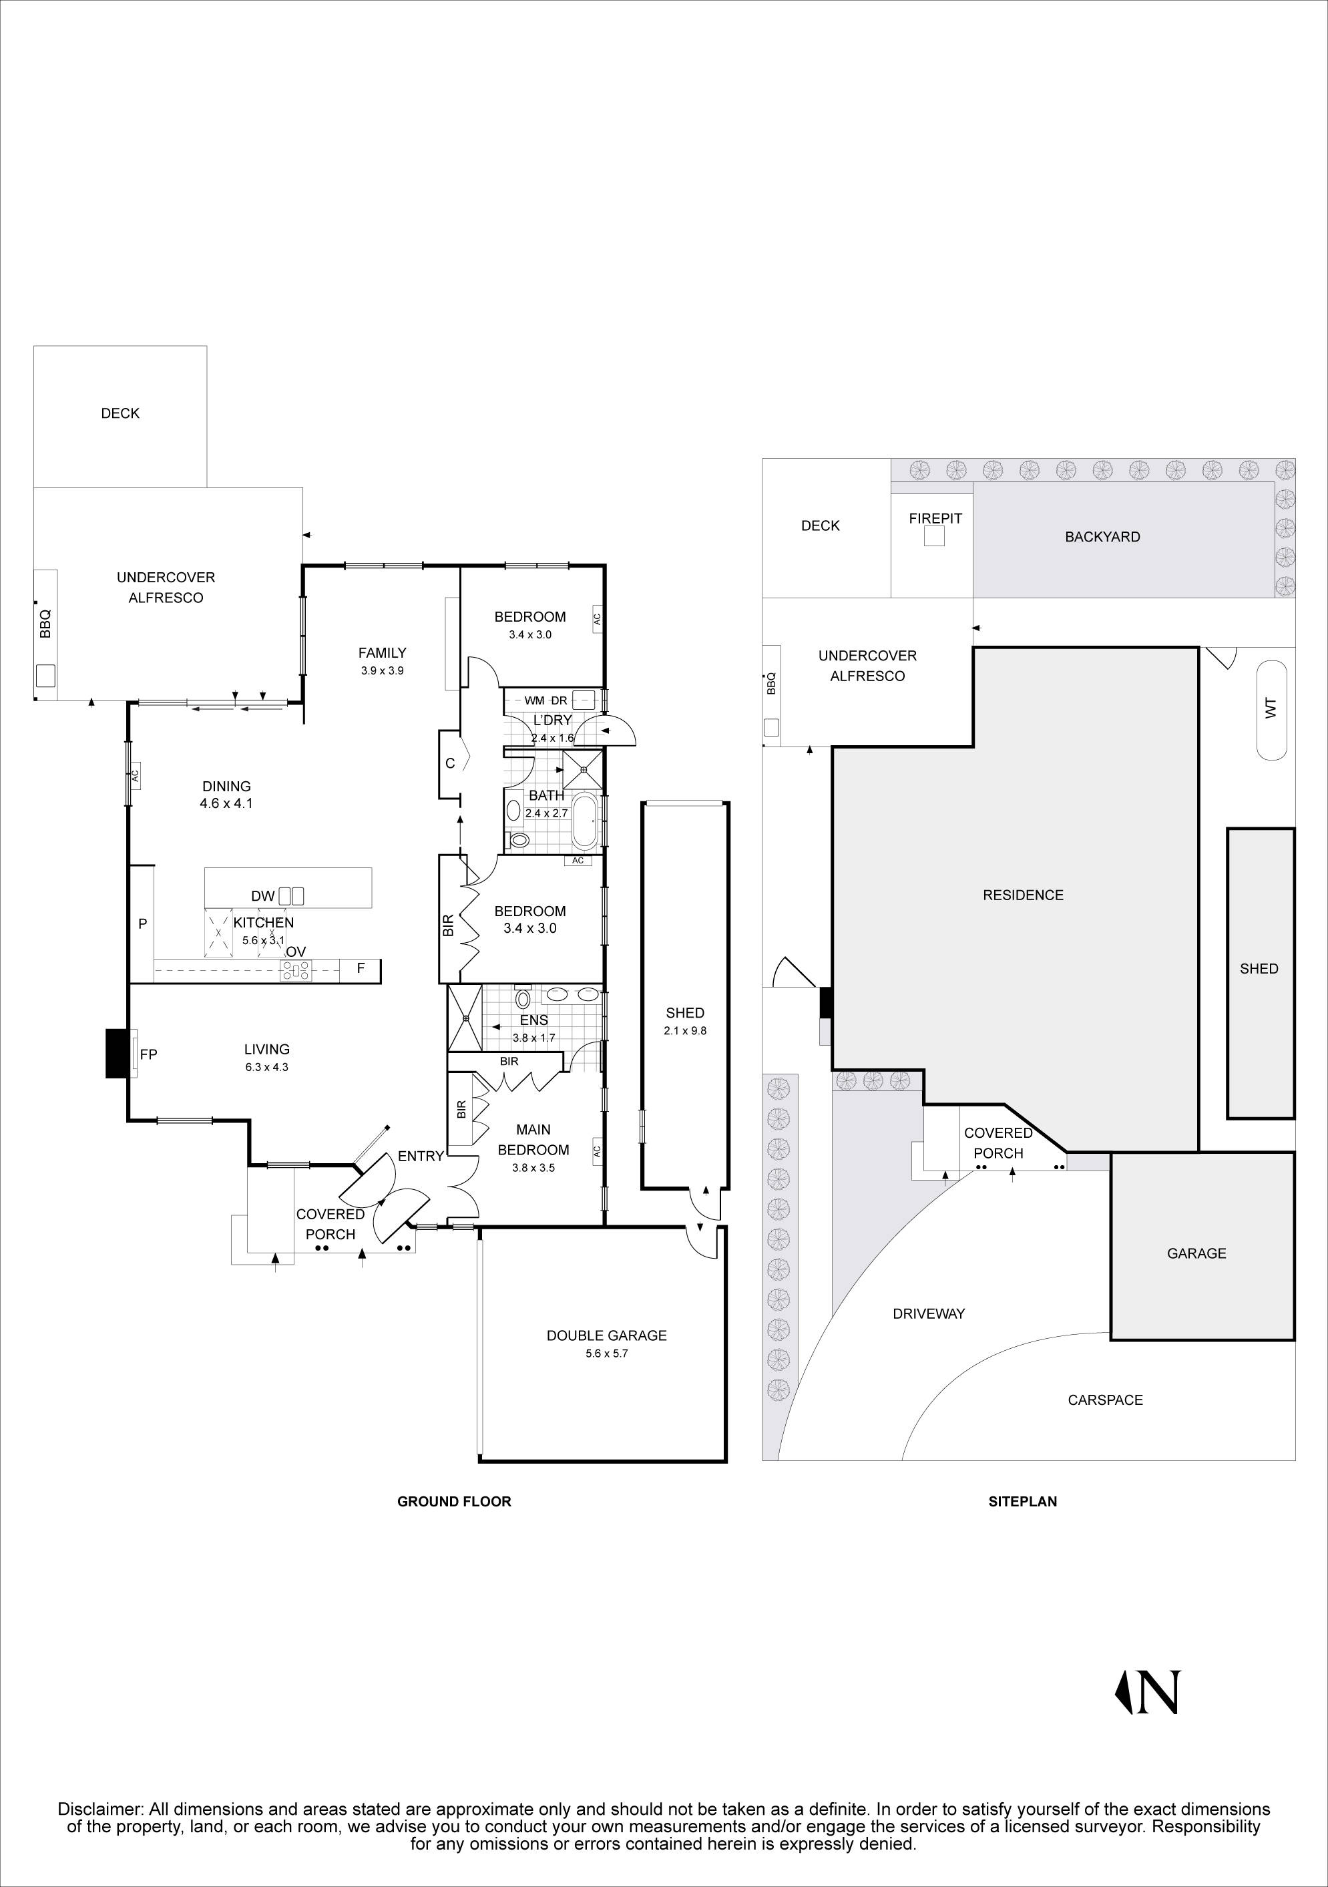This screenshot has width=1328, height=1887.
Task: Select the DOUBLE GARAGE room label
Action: point(606,1335)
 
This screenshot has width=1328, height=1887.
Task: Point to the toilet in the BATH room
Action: point(519,840)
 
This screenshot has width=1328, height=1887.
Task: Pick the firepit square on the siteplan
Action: point(934,537)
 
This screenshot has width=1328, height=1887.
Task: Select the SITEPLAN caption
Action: point(1022,1502)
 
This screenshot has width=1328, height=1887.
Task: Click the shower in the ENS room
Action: point(465,1018)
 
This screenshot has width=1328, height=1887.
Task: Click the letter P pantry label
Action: point(142,923)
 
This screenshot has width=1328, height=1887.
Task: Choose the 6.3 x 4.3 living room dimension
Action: point(266,1067)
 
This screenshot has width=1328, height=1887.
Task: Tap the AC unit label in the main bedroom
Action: point(597,1150)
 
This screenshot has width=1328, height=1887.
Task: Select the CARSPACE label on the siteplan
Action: point(1105,1400)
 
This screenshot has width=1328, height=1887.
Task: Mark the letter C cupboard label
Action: point(449,763)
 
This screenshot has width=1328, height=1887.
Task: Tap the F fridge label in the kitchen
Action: point(360,969)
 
